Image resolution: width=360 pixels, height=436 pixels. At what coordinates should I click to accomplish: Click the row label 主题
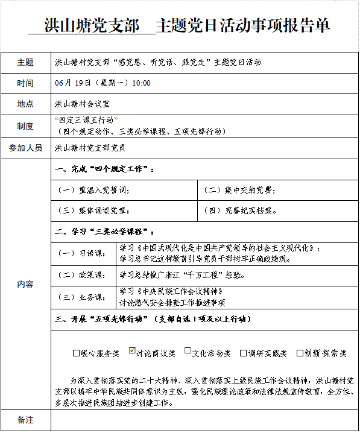25,62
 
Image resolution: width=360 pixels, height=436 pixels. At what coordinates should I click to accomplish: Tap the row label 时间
25,83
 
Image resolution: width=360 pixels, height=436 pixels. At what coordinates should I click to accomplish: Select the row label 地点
25,104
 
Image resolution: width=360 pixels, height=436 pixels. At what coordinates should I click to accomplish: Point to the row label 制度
25,125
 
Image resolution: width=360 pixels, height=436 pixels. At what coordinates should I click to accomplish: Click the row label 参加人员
25,147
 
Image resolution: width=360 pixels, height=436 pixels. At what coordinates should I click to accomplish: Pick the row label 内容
25,284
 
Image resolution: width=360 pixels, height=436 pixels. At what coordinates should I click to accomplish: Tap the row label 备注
25,419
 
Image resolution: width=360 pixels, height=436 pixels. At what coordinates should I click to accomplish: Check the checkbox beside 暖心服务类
76,353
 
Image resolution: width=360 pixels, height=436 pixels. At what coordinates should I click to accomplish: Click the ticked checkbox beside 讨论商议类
133,352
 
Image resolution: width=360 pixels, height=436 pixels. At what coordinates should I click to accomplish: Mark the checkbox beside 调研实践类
244,353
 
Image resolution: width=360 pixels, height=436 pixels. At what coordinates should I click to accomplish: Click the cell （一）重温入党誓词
93,190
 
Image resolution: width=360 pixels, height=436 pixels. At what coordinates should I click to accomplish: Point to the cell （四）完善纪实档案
241,211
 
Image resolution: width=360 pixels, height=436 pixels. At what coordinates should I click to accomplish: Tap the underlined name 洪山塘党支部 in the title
92,26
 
